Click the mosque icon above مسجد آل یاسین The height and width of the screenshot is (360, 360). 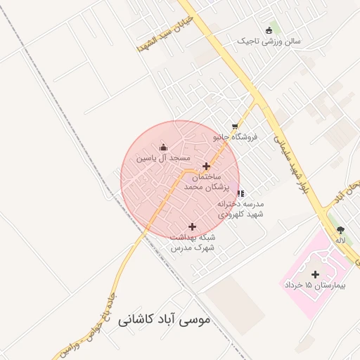(x=164, y=147)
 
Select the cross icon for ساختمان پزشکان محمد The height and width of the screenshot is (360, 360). (x=206, y=167)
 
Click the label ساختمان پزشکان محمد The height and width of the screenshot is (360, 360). (x=203, y=183)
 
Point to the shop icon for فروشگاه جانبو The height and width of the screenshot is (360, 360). (x=235, y=126)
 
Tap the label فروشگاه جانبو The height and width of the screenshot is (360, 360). (x=236, y=137)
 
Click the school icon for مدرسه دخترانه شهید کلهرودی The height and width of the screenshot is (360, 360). (x=240, y=193)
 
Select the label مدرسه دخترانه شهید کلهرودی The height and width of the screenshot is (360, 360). (x=239, y=209)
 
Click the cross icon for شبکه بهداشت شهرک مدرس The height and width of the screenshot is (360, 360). (x=192, y=226)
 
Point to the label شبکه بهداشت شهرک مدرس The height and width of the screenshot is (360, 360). (x=192, y=243)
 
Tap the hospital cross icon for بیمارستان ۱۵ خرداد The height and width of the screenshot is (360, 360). (x=314, y=274)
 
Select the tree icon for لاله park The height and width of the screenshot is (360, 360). (x=341, y=229)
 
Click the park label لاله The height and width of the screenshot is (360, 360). (x=340, y=240)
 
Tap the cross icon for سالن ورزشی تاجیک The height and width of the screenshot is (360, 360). (x=269, y=30)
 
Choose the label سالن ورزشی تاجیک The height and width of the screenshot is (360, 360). (x=271, y=41)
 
